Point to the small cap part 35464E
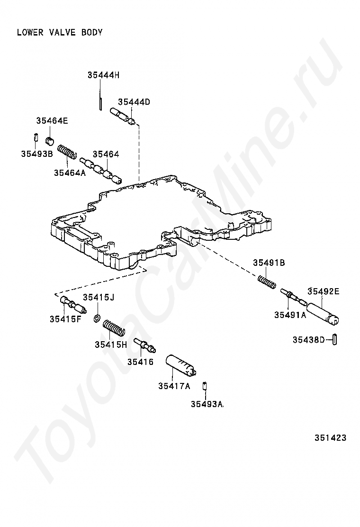pos(50,140)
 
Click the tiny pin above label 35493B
pos(36,138)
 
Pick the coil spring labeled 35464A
pos(67,153)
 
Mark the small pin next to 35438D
pos(334,340)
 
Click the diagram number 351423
pos(330,438)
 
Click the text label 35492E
pos(324,291)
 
